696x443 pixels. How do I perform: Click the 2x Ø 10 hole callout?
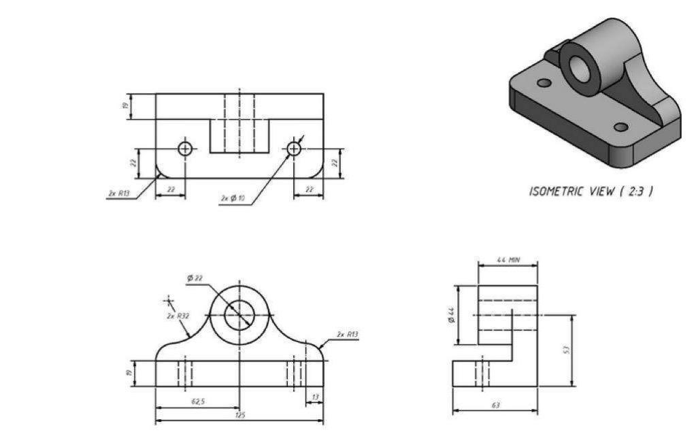(233, 198)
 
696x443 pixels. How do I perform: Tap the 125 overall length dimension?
(239, 416)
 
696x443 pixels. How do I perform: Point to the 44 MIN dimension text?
(508, 261)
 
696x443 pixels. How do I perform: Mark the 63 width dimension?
(495, 406)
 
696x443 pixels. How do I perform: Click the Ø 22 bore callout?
(195, 278)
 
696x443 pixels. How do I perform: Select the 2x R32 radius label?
(178, 316)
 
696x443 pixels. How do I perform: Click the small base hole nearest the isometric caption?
(620, 127)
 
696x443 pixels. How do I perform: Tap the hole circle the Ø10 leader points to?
(294, 148)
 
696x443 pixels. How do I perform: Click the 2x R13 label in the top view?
(118, 194)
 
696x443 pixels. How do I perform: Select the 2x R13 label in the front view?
(347, 334)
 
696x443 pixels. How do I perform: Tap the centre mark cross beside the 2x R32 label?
(168, 300)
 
